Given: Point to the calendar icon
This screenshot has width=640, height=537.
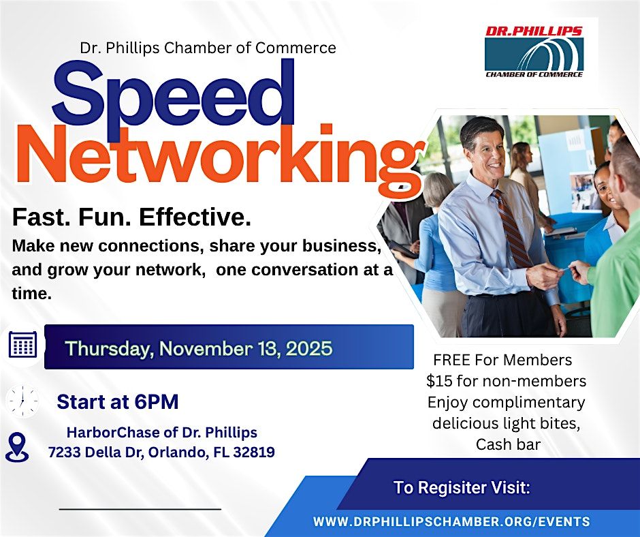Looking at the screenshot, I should coord(22,345).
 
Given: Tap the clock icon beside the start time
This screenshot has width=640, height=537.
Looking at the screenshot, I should coord(22,401).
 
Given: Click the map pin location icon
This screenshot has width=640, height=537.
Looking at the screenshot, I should coord(17,446).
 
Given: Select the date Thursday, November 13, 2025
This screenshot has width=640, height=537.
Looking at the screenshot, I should coord(199,349).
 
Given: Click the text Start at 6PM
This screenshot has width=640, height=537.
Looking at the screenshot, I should coord(118,402).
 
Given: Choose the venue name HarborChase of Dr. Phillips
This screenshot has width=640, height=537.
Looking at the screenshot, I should coord(161,433).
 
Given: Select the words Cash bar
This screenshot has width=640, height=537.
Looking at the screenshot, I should coord(508,445).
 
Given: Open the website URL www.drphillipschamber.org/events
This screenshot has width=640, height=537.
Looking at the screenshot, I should coord(451,522).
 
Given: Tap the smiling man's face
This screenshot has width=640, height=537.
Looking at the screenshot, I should coord(485,147).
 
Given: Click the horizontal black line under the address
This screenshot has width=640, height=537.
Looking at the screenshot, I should coord(140,508).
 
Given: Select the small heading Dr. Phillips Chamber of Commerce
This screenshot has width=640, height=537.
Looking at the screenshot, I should coord(208,48).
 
